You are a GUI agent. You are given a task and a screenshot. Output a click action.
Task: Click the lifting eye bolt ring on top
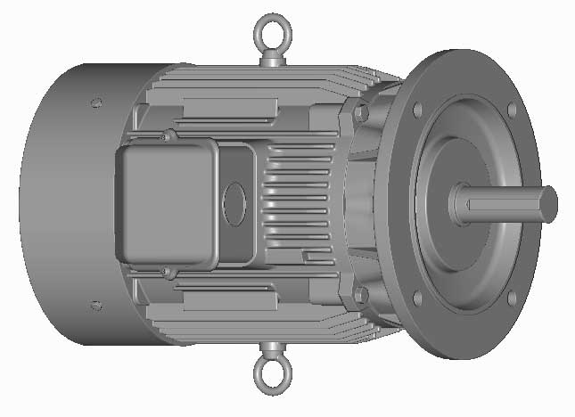(268, 32)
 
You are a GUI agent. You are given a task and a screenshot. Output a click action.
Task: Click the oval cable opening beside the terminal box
(235, 203)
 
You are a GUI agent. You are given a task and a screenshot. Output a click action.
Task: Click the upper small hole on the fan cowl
(95, 102)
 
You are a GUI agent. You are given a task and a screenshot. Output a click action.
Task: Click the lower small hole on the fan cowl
(95, 306)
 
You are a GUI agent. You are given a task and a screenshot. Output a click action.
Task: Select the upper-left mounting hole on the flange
(415, 110)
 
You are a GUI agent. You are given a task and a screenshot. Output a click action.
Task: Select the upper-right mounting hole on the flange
(511, 110)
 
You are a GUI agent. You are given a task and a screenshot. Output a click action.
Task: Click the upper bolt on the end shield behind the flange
(360, 114)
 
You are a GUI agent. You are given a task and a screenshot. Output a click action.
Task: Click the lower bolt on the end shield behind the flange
(360, 293)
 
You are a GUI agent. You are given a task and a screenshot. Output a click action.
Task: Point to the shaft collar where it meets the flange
(457, 203)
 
